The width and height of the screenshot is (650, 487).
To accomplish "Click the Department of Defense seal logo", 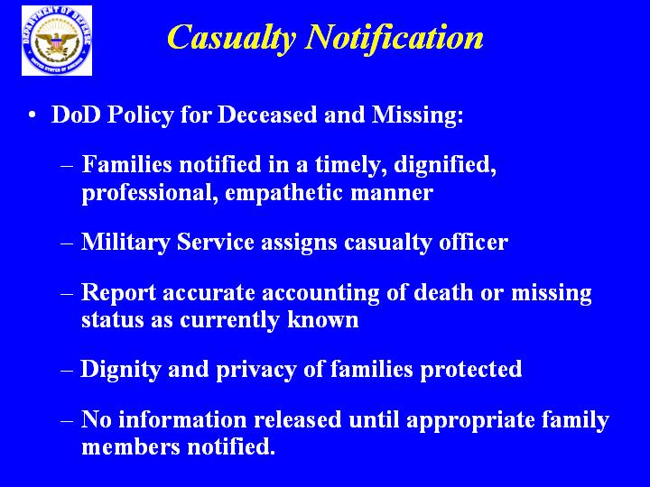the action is [57, 41].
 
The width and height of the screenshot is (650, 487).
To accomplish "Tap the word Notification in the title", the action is [395, 37].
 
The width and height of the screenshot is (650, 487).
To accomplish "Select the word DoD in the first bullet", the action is [76, 115].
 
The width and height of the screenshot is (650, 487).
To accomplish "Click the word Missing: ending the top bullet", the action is [417, 115].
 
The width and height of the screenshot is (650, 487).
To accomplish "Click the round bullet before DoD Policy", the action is [32, 115].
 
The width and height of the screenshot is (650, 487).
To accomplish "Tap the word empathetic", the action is [284, 193].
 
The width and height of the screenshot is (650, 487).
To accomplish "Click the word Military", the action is [125, 243].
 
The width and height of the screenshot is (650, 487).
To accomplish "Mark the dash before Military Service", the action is [67, 243].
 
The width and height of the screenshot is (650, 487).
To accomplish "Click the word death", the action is [443, 292].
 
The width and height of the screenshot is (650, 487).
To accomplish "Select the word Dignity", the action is [120, 370].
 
